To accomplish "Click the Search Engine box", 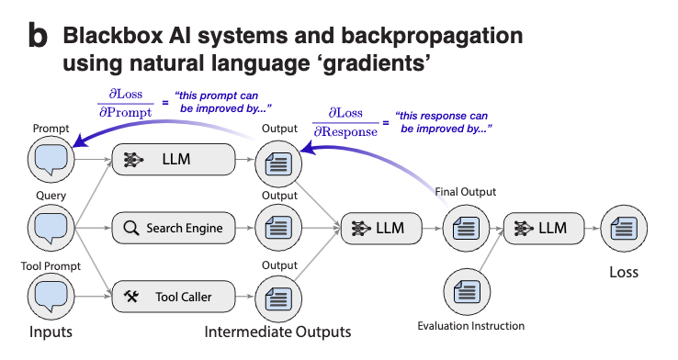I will pyautogui.click(x=174, y=228).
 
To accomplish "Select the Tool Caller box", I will pyautogui.click(x=174, y=296).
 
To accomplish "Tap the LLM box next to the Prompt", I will pyautogui.click(x=174, y=160).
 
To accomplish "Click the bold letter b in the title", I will pyautogui.click(x=38, y=37).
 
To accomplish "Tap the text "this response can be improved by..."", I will pyautogui.click(x=438, y=123).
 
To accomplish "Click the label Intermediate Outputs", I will pyautogui.click(x=277, y=331).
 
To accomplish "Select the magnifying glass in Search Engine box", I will pyautogui.click(x=130, y=228).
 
